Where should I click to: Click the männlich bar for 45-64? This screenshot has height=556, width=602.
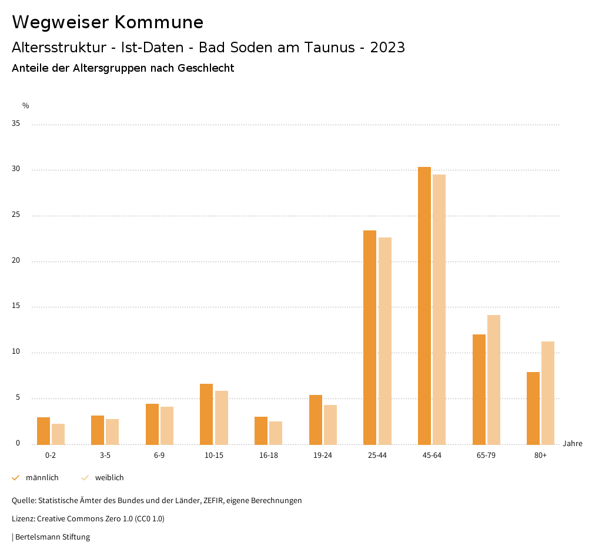point(424,306)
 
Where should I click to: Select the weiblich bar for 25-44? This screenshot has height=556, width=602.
point(385,341)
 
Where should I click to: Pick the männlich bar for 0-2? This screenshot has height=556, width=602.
point(44,431)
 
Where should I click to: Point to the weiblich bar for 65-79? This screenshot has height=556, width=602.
point(494,380)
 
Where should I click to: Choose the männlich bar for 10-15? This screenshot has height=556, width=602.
point(206,414)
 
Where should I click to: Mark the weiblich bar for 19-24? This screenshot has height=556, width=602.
point(330,424)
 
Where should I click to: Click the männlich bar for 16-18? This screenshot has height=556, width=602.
point(261,430)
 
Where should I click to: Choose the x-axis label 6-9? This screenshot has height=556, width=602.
point(159,455)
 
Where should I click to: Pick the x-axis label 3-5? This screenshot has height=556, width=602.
point(105,455)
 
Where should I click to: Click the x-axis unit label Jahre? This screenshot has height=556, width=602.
point(573,444)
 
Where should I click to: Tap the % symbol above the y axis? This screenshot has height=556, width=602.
point(26,106)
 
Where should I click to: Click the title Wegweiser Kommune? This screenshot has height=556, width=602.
point(108,22)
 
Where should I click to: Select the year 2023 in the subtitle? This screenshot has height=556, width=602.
point(387,48)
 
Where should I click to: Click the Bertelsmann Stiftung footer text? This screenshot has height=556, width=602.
point(52,537)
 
